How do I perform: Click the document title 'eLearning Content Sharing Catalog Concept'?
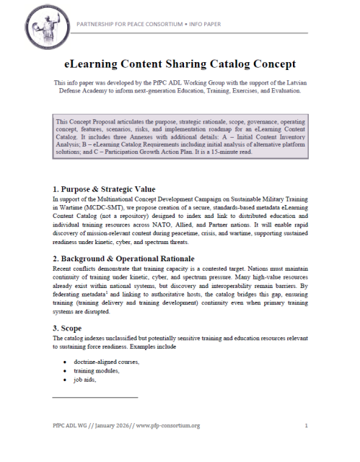click(x=180, y=63)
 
